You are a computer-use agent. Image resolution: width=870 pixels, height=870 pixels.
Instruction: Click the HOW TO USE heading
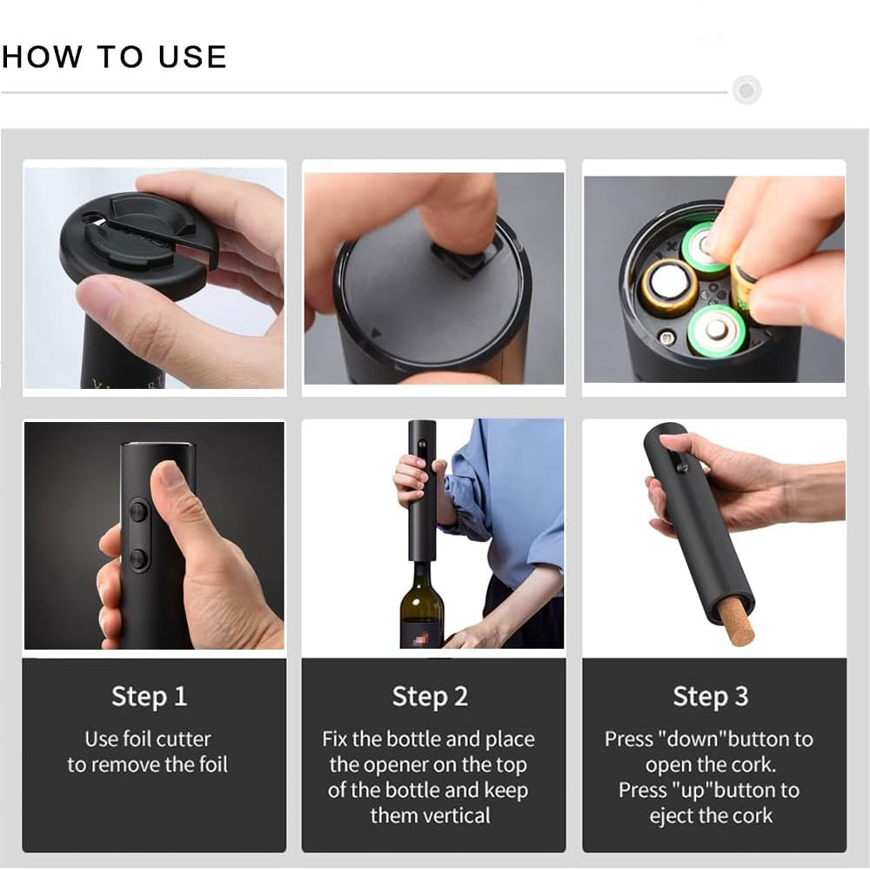(x=114, y=57)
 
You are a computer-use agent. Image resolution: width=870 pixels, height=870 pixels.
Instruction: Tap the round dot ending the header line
(x=746, y=90)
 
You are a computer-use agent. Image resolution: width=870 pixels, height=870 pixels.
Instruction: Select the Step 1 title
(x=149, y=696)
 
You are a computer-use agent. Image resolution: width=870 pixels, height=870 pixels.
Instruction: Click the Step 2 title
(x=430, y=696)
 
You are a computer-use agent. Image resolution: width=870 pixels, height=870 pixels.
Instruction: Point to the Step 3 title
(x=710, y=696)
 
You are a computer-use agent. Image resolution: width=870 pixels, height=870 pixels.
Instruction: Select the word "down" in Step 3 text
(x=693, y=739)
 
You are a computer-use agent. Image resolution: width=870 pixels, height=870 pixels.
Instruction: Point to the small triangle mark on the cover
(x=376, y=331)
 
